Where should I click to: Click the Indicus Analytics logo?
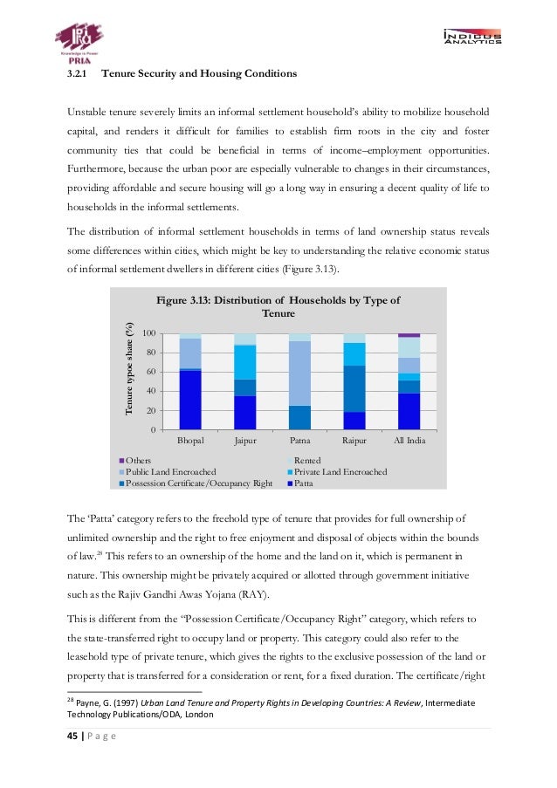click(x=471, y=37)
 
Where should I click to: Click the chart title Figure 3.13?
click(x=278, y=306)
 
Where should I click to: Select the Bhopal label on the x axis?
click(x=190, y=441)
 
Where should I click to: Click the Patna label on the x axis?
click(x=299, y=441)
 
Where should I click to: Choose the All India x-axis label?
click(x=409, y=441)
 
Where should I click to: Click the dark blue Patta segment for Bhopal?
click(x=190, y=401)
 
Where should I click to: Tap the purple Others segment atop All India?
click(x=409, y=335)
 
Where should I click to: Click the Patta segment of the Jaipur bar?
click(x=245, y=413)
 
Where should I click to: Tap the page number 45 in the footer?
click(x=73, y=737)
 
